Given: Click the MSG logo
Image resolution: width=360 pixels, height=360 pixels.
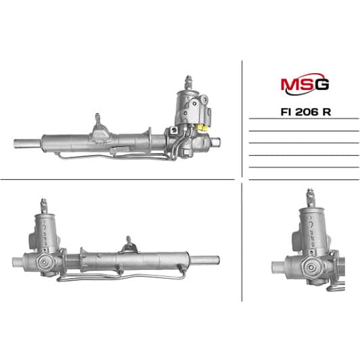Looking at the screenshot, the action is coord(305,84).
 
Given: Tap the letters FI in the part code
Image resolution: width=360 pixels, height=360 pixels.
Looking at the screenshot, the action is coord(286,112).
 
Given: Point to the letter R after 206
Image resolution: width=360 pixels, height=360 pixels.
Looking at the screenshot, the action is coord(327,112).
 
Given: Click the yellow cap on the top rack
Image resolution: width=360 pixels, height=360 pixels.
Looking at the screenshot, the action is coord(202,127).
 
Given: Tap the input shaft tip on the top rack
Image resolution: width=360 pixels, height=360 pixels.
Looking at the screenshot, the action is coord(188,82).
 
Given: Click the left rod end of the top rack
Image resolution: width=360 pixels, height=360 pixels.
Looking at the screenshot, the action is coord(28,143).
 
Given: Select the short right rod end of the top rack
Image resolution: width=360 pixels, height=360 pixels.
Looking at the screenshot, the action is coord(215,142).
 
